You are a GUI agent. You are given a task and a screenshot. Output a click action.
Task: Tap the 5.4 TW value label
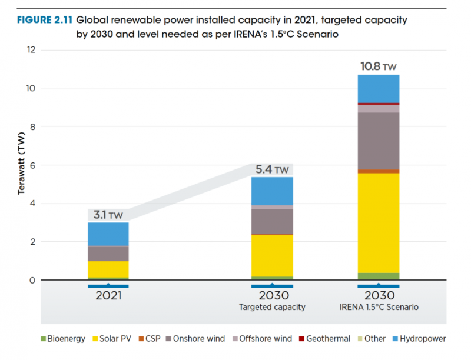click(x=272, y=170)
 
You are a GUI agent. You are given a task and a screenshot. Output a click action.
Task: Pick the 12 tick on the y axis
click(x=31, y=51)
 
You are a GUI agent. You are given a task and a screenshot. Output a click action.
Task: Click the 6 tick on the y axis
click(x=33, y=165)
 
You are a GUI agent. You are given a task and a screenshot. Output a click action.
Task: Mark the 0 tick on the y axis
click(x=33, y=280)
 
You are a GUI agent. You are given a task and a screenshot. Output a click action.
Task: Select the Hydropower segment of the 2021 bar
click(x=108, y=234)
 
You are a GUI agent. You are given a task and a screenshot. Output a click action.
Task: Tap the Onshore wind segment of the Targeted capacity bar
click(x=272, y=222)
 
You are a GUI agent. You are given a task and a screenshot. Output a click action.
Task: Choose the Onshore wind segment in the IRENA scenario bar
click(x=378, y=141)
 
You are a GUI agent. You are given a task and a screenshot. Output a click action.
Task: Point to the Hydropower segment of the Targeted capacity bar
click(x=272, y=191)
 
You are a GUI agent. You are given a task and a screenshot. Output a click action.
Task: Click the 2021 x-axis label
click(x=108, y=295)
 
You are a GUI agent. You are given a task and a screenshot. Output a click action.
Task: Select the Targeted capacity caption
click(x=272, y=307)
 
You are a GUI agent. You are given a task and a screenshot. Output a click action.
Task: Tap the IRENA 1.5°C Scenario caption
click(x=378, y=307)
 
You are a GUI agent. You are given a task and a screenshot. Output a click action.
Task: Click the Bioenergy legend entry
click(x=62, y=339)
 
